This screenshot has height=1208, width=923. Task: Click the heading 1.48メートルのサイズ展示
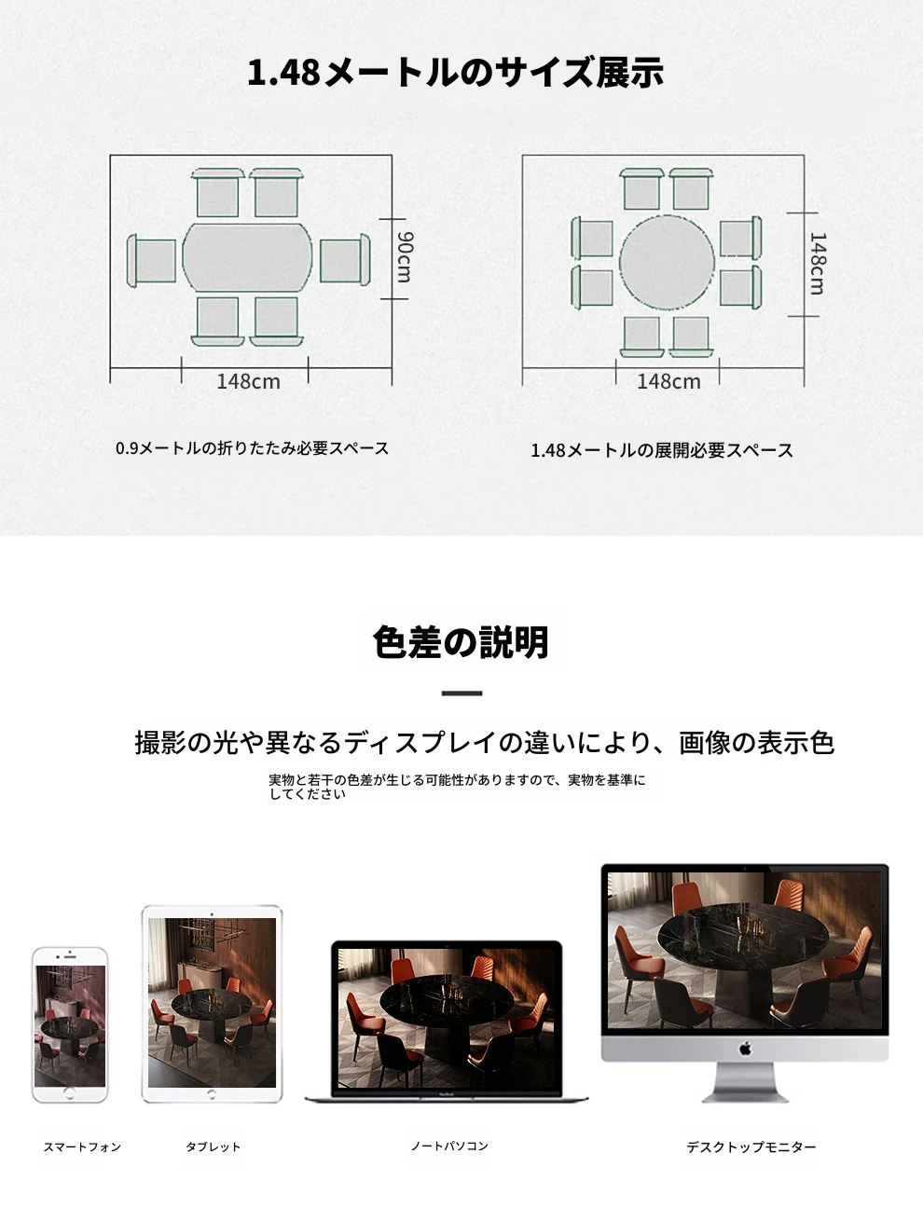pyautogui.click(x=455, y=73)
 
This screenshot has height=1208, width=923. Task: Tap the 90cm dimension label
pyautogui.click(x=405, y=257)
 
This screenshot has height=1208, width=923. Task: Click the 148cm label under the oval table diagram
pyautogui.click(x=248, y=381)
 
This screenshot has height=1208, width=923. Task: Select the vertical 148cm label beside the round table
pyautogui.click(x=818, y=264)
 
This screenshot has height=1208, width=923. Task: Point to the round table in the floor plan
pyautogui.click(x=667, y=263)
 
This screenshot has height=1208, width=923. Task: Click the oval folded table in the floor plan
pyautogui.click(x=247, y=257)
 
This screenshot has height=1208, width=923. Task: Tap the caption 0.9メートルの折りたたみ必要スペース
pyautogui.click(x=252, y=448)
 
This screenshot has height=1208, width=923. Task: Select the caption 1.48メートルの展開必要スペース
pyautogui.click(x=662, y=451)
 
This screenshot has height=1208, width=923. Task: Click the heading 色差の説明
pyautogui.click(x=461, y=641)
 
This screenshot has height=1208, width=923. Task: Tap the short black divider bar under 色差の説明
pyautogui.click(x=461, y=693)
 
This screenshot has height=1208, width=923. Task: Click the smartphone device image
pyautogui.click(x=70, y=1024)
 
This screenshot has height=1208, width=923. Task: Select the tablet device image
pyautogui.click(x=212, y=1004)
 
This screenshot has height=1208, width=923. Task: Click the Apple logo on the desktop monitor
pyautogui.click(x=745, y=1049)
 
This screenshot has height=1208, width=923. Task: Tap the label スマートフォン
pyautogui.click(x=82, y=1146)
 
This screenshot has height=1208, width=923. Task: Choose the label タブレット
pyautogui.click(x=213, y=1146)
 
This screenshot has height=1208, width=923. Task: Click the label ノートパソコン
pyautogui.click(x=449, y=1146)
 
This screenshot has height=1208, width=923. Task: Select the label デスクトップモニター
pyautogui.click(x=751, y=1146)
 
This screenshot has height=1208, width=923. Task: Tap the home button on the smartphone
pyautogui.click(x=69, y=1093)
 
